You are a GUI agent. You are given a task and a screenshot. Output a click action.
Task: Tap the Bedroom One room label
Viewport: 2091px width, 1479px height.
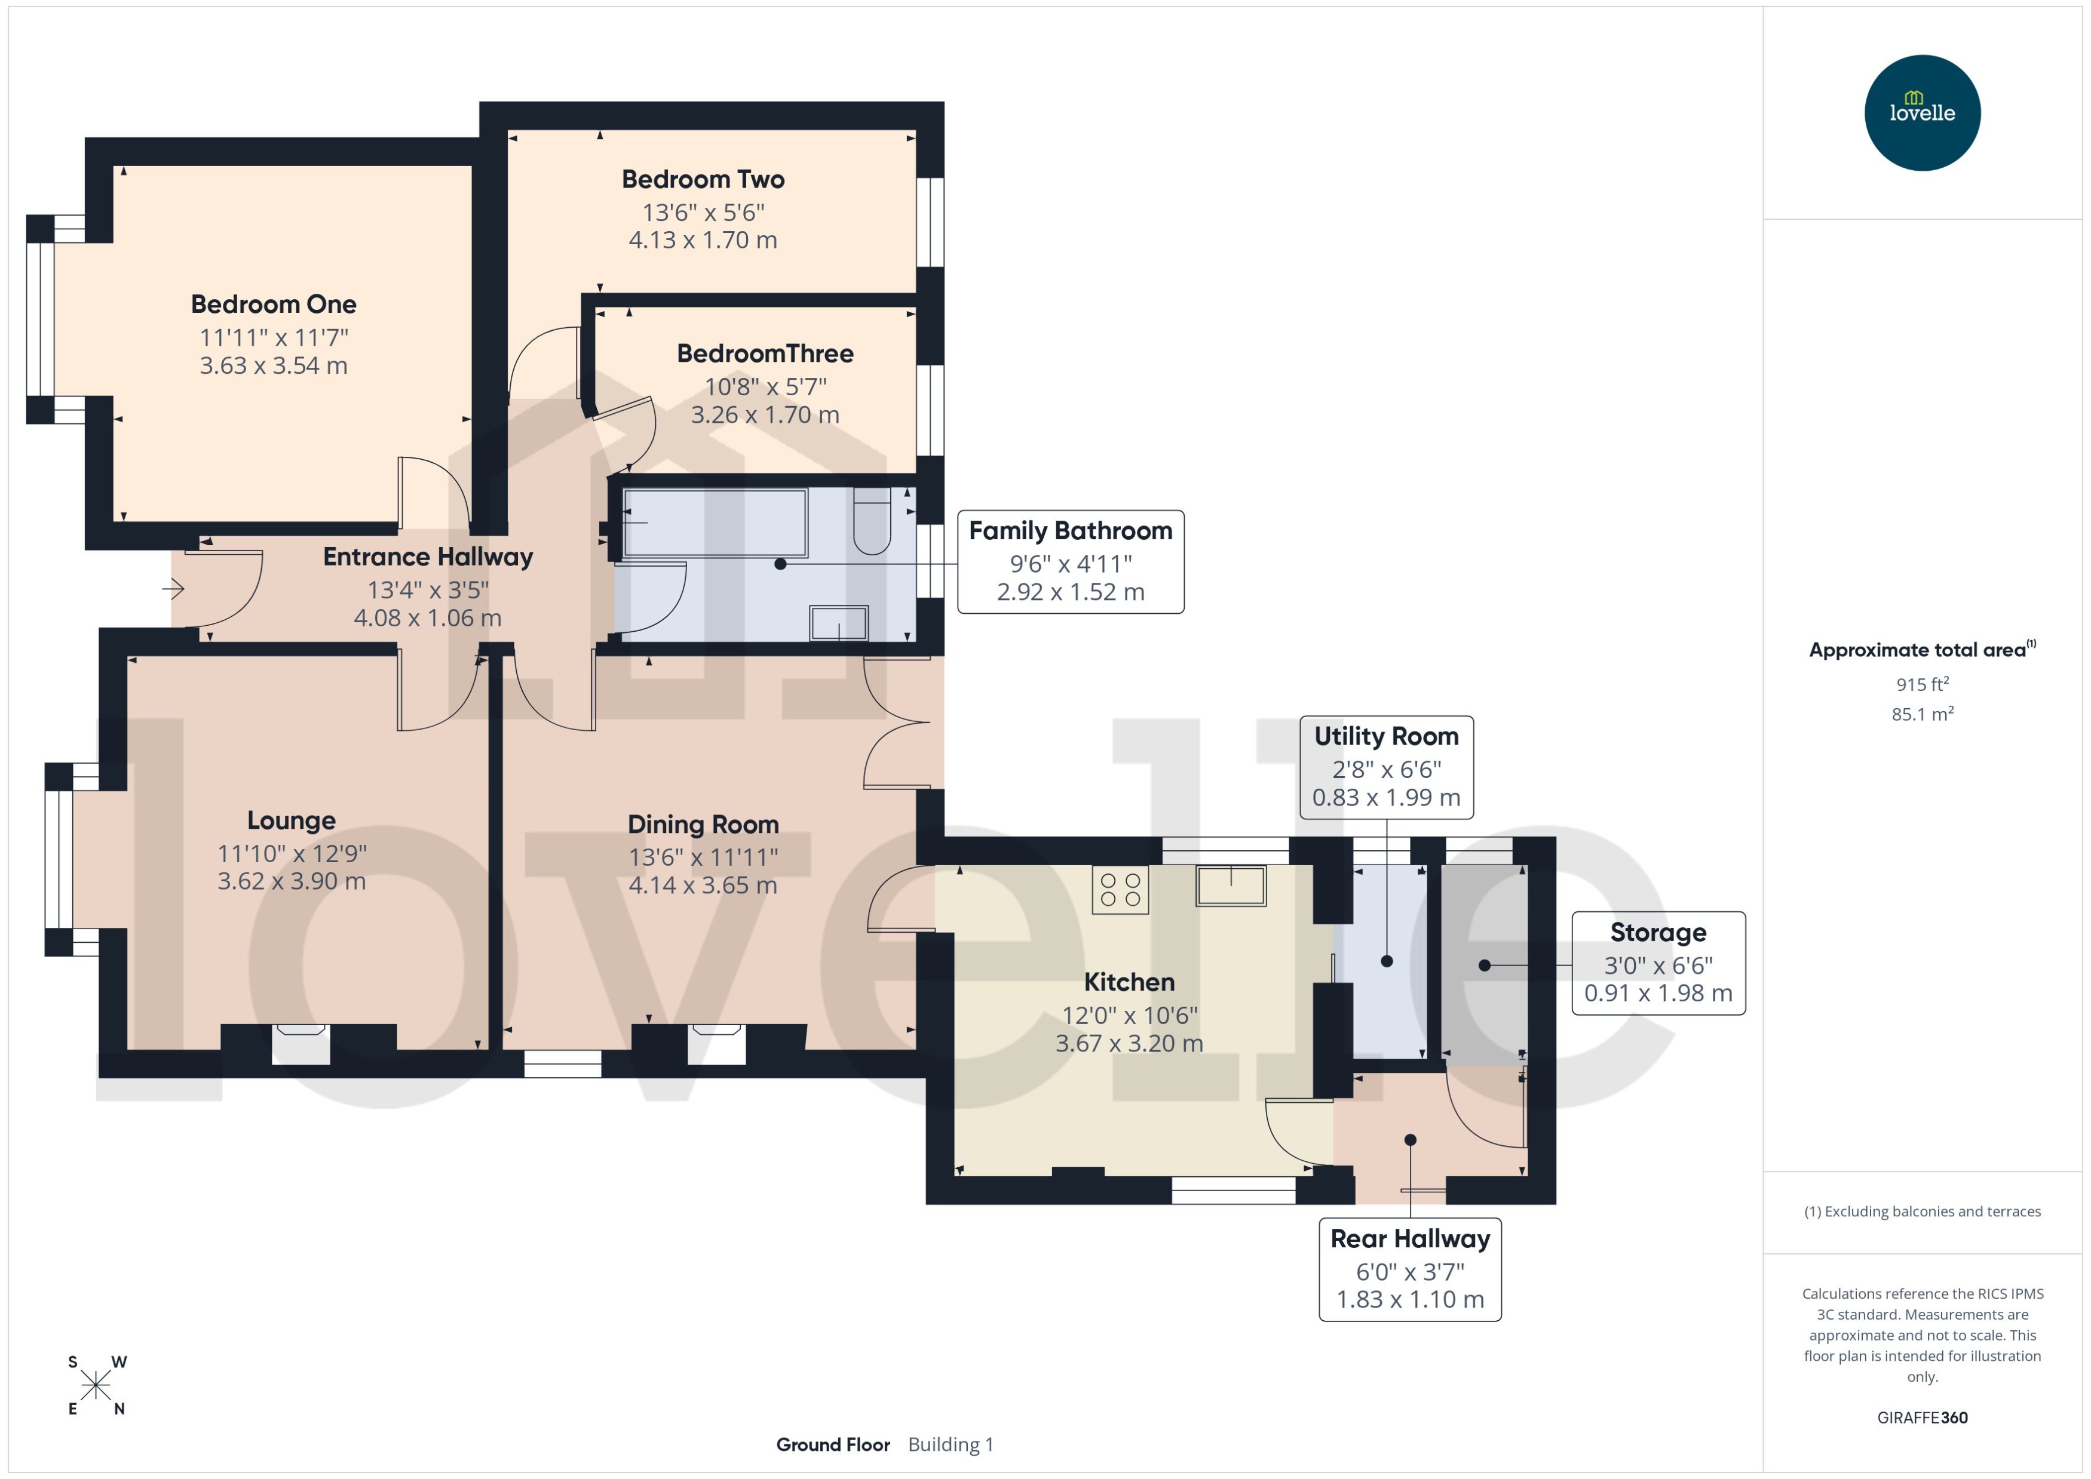click(274, 304)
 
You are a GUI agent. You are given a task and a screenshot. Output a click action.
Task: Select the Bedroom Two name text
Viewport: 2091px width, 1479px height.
click(703, 179)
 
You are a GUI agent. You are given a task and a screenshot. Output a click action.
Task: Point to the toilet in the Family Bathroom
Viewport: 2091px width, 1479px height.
click(872, 521)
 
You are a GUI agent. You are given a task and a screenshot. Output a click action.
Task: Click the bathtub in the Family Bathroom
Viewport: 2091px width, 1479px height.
click(715, 522)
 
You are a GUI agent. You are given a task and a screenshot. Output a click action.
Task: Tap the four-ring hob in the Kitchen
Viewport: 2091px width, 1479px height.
click(1120, 890)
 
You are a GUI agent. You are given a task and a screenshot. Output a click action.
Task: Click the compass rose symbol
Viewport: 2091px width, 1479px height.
click(96, 1386)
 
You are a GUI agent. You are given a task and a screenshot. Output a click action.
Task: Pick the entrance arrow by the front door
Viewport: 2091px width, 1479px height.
click(173, 589)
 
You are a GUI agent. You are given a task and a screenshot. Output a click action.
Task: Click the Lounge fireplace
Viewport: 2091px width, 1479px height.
click(301, 1044)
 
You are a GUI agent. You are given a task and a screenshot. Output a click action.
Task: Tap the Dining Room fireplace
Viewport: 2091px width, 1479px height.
click(716, 1044)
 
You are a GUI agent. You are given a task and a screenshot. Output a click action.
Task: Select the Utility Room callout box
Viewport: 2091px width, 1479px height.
click(1386, 767)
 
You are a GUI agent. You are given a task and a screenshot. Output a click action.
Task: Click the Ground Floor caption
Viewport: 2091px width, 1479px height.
click(833, 1444)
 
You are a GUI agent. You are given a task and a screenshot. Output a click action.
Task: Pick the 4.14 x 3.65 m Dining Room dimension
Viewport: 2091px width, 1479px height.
click(703, 885)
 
